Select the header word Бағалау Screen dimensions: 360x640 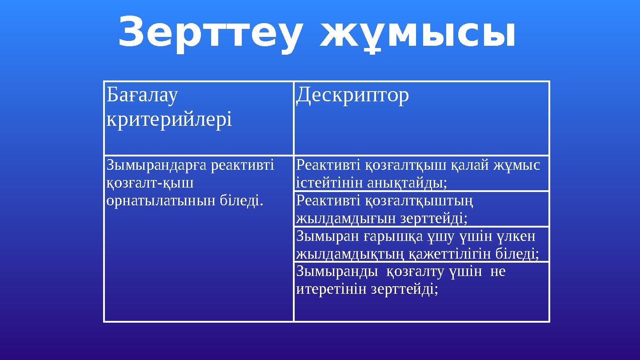[142, 95]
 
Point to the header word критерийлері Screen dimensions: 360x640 [169, 120]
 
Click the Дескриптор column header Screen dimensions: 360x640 [352, 95]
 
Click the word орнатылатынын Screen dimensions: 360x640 [162, 200]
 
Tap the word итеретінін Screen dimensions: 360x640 [332, 289]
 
